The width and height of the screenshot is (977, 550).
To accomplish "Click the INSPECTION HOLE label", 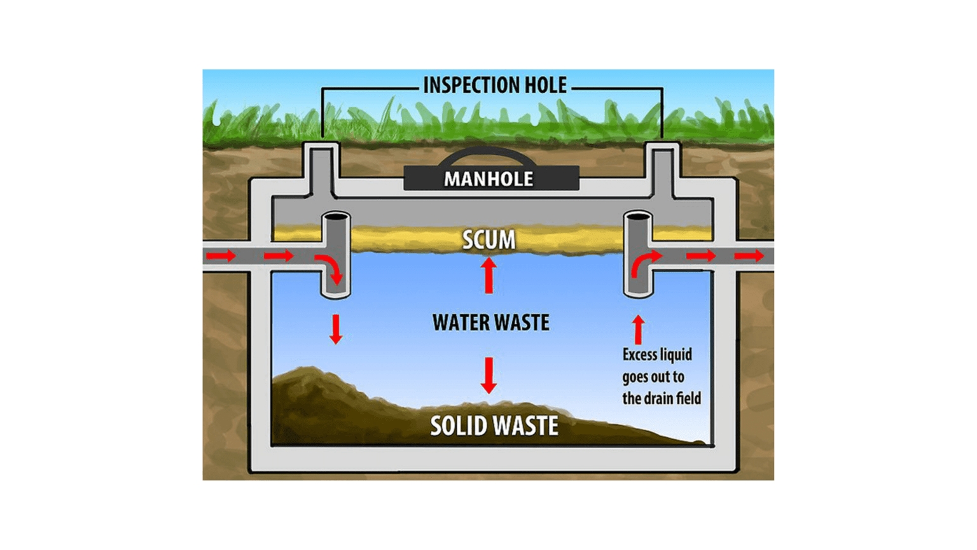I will coord(494,85).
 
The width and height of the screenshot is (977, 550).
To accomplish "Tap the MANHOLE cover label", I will coord(488,179).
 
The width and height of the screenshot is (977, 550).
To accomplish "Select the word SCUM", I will coord(488,240).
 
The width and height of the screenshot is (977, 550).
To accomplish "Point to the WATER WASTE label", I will coord(490,323).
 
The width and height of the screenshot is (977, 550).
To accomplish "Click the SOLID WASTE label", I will coord(494,425).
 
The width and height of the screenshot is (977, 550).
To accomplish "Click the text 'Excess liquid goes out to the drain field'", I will coord(661,376).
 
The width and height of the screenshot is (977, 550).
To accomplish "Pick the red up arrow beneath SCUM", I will coord(488,275).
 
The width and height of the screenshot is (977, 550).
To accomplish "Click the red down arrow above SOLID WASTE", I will coord(488,375).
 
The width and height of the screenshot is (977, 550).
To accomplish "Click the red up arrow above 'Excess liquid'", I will coord(639,329).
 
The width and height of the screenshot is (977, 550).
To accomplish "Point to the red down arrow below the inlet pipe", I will coord(336,328).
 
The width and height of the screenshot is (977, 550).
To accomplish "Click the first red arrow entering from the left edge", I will coord(221,256).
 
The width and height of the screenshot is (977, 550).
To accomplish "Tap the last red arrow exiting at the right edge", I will coord(749,256).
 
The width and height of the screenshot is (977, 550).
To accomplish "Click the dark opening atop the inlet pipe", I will coord(336,217).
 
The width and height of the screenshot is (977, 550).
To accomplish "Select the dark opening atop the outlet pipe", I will coord(638,217).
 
